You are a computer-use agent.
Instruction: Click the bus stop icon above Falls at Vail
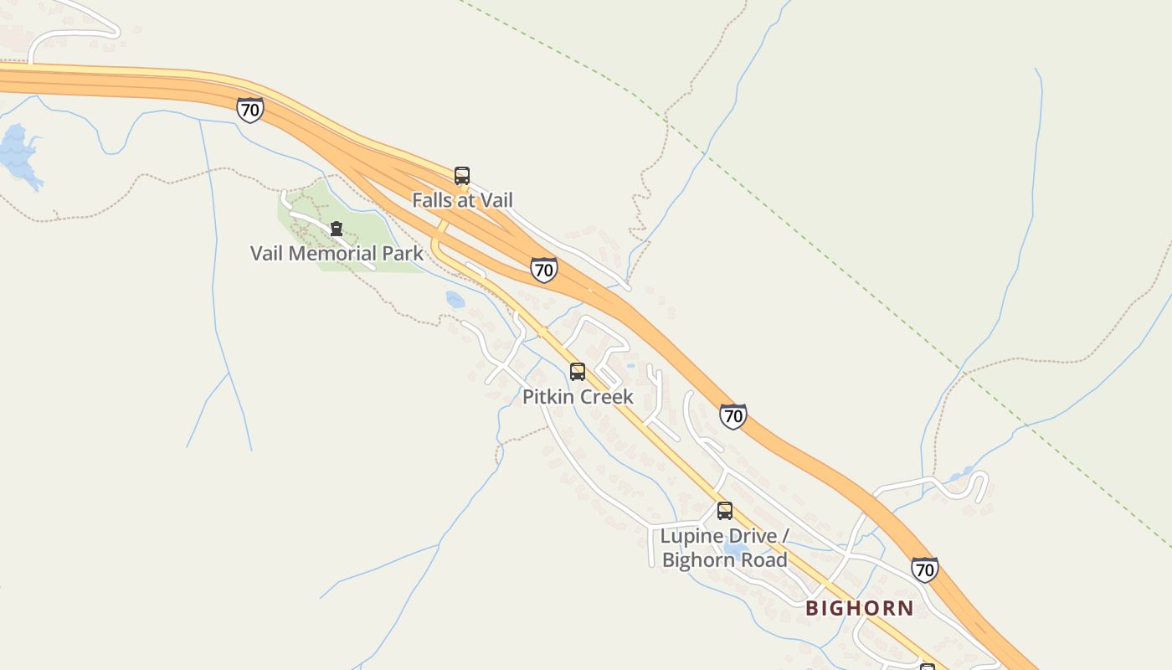pyautogui.click(x=462, y=176)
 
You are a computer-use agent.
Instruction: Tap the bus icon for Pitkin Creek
pyautogui.click(x=578, y=372)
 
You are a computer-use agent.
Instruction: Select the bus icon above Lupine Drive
pyautogui.click(x=725, y=511)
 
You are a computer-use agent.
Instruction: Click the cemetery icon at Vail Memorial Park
pyautogui.click(x=337, y=229)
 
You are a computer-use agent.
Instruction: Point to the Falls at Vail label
pyautogui.click(x=462, y=200)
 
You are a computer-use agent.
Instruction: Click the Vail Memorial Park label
pyautogui.click(x=337, y=253)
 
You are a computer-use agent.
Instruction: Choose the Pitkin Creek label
pyautogui.click(x=578, y=396)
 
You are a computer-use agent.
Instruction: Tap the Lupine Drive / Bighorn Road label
pyautogui.click(x=725, y=548)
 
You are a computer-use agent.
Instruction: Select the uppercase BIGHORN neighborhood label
pyautogui.click(x=859, y=608)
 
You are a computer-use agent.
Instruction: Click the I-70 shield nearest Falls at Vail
pyautogui.click(x=544, y=270)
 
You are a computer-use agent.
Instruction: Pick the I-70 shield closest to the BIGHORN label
pyautogui.click(x=924, y=569)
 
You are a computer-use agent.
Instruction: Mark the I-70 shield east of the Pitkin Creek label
pyautogui.click(x=733, y=416)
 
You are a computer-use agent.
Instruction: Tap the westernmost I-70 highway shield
pyautogui.click(x=249, y=110)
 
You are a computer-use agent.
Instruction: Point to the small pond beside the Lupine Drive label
pyautogui.click(x=736, y=549)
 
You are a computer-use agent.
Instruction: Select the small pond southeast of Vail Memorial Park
pyautogui.click(x=455, y=299)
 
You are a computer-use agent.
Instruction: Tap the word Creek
pyautogui.click(x=606, y=396)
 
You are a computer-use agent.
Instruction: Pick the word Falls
pyautogui.click(x=432, y=200)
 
